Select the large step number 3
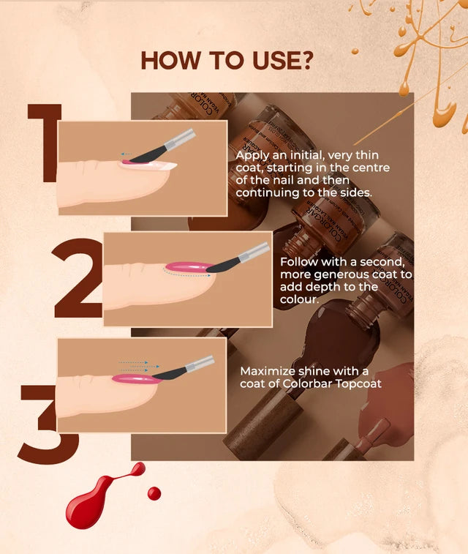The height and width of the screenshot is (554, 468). point(47,424)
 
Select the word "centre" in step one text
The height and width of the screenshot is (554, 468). point(371,168)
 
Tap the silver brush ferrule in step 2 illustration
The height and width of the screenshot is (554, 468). point(254,252)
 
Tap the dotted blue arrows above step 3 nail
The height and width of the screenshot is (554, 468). point(139,363)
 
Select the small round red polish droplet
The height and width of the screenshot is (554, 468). point(154,493)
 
